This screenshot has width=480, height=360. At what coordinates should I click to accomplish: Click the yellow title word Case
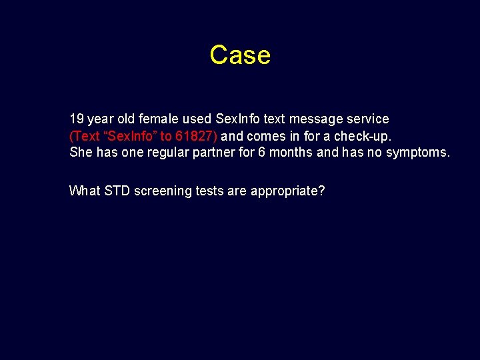[240, 55]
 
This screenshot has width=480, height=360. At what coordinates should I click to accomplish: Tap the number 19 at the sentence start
[77, 119]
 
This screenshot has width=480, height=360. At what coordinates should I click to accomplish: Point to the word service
[365, 119]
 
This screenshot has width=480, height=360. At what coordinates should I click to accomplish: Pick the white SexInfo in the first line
[238, 119]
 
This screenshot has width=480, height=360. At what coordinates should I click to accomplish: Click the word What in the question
[85, 191]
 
